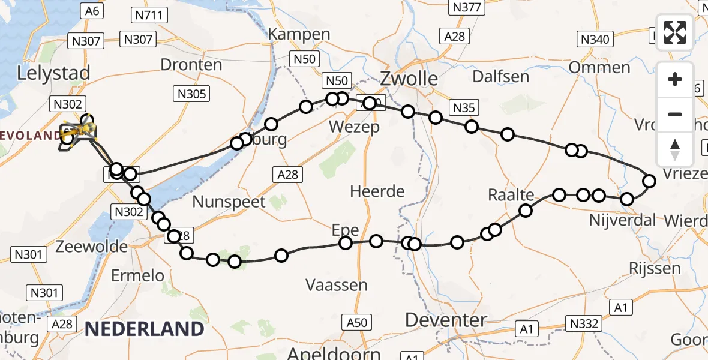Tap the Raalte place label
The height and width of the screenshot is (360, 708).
point(511,195)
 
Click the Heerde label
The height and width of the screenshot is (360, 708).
point(378,191)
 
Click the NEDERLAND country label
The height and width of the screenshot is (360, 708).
point(144,329)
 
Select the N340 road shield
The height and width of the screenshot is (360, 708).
point(595,40)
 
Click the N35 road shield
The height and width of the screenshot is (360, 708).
point(464,107)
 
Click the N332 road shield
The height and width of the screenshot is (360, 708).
point(583,323)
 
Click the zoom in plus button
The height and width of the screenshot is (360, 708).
point(675,79)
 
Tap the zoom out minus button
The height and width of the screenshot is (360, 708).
point(675,114)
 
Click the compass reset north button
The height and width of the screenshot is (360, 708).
point(675,149)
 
